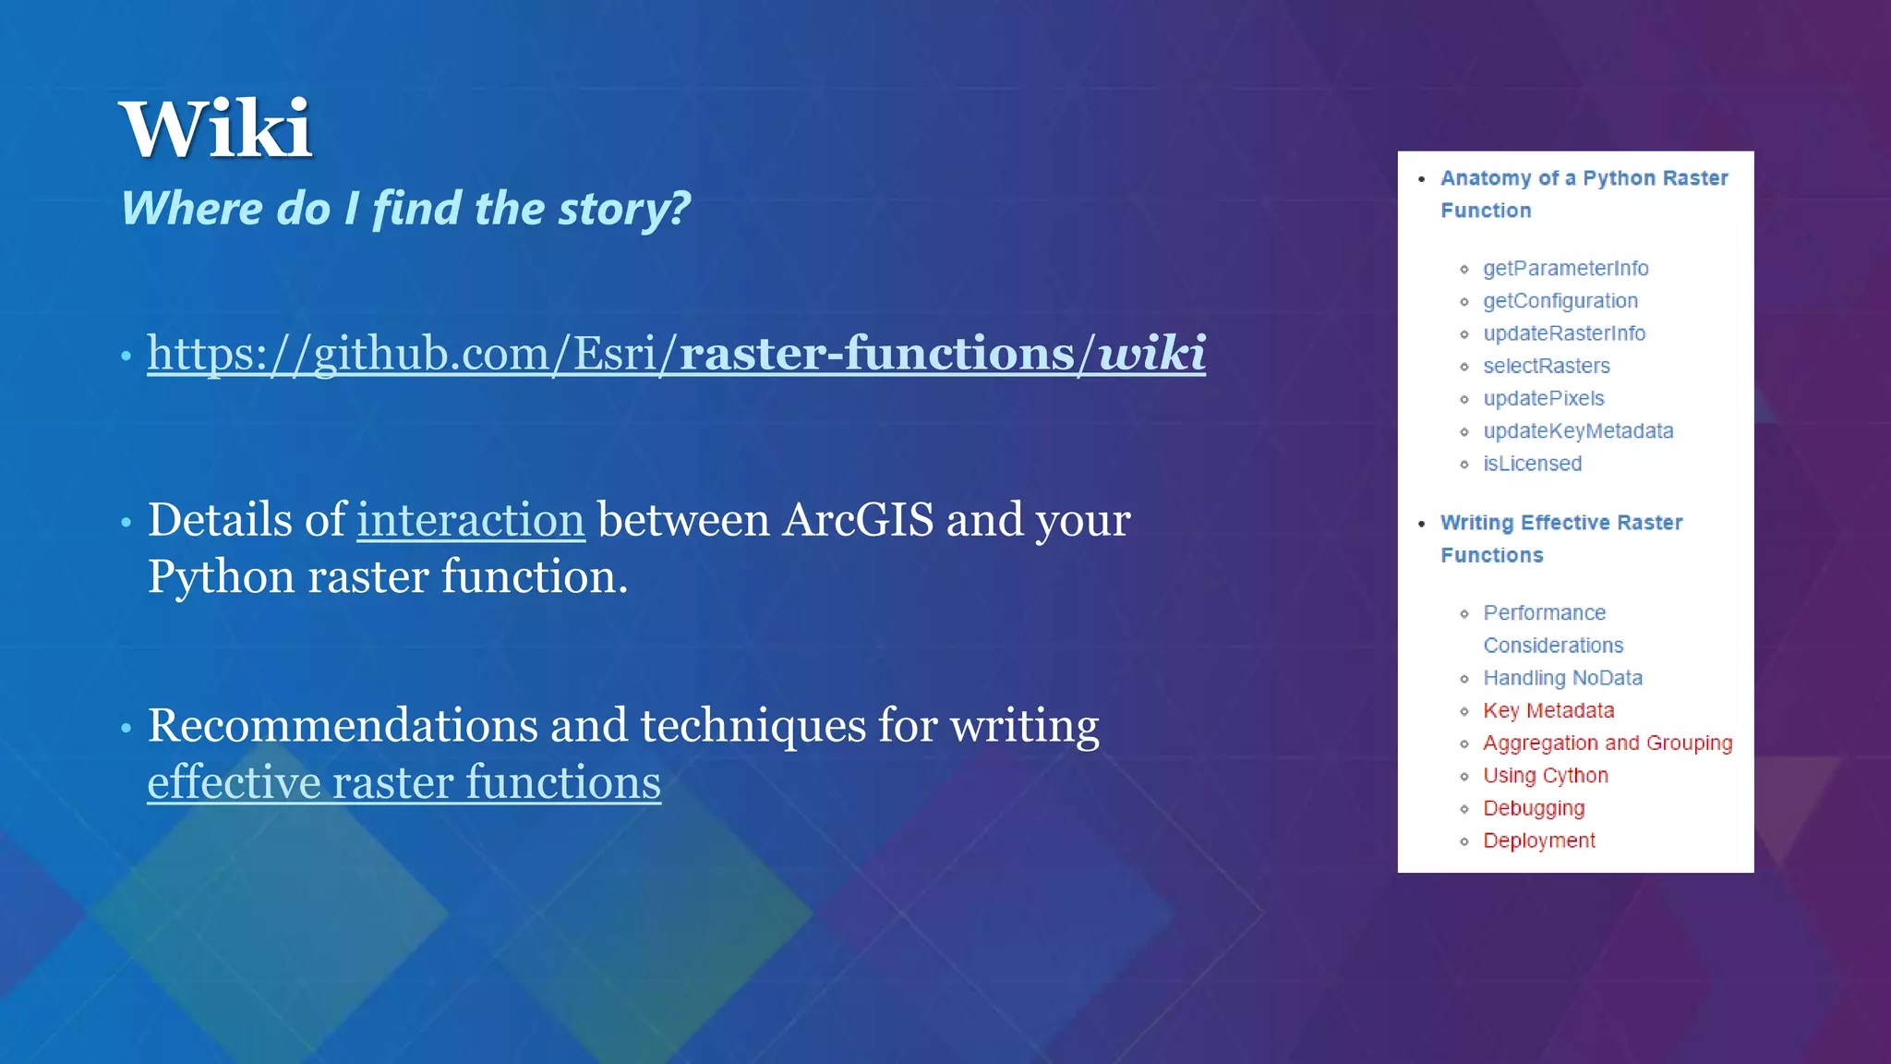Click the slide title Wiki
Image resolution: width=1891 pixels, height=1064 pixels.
coord(215,129)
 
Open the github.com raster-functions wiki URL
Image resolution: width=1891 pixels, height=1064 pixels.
coord(676,354)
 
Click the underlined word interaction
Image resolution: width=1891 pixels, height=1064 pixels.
coord(471,520)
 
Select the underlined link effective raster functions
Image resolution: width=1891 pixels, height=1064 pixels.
coord(403,782)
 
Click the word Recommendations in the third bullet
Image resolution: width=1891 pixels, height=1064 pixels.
coord(343,726)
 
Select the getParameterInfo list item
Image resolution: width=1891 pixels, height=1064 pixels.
coord(1565,269)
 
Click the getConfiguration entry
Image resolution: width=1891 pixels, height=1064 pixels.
coord(1560,301)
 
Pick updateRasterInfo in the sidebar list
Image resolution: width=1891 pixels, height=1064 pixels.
coord(1563,333)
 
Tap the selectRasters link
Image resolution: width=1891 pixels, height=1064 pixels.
coord(1546,367)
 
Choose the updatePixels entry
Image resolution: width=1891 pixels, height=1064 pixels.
coord(1543,399)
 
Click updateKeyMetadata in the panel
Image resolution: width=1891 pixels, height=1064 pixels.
coord(1577,431)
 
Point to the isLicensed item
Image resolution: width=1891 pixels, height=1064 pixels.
coord(1532,464)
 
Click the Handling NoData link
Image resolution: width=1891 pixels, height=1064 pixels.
coord(1562,678)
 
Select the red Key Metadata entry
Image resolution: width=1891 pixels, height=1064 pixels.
coord(1548,711)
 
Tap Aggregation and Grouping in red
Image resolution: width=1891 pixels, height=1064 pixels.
coord(1607,744)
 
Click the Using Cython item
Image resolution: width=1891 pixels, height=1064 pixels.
coord(1545,776)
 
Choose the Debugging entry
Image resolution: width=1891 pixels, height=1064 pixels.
coord(1533,808)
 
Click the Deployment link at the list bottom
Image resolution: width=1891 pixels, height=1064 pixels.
coord(1538,840)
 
